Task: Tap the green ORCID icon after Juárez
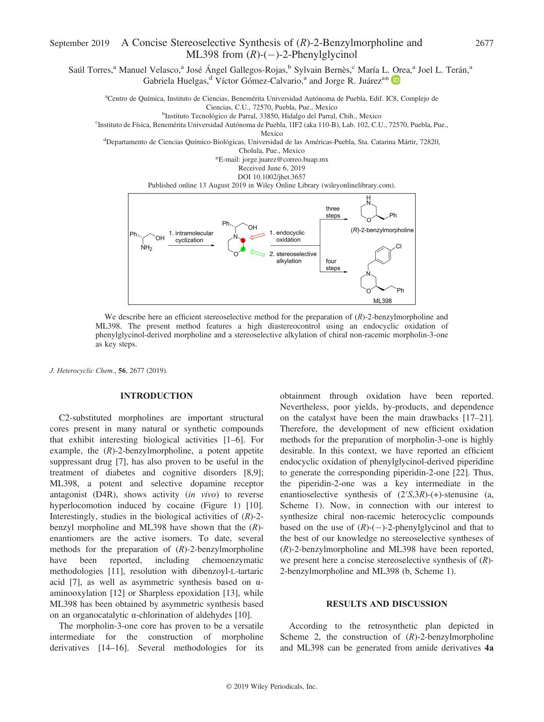coord(396,80)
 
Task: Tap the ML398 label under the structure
coord(382,301)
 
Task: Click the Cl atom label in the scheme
coord(398,247)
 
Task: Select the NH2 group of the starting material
coord(146,248)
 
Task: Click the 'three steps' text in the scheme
coord(333,212)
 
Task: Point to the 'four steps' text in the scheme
coord(332,265)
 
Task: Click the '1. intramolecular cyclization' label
coord(191,237)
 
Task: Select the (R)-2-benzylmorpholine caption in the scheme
coord(382,230)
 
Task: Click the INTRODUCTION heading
coord(156,396)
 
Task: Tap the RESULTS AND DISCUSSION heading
coord(387,604)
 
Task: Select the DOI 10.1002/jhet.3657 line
coord(272,177)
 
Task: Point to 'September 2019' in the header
coord(79,43)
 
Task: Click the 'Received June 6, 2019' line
coord(272,168)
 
